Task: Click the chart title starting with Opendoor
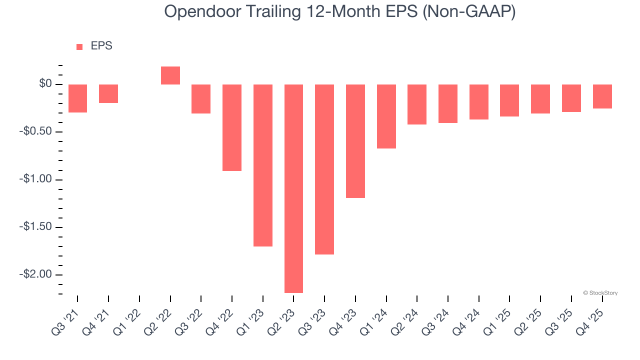coord(340,12)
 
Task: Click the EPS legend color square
coord(79,47)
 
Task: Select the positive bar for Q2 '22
coord(170,75)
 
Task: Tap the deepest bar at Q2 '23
coord(293,188)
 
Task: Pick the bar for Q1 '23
coord(263,165)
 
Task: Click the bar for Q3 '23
coord(324,169)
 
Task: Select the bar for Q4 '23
coord(355,141)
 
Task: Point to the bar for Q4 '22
coord(232,127)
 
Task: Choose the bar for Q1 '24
coord(386,116)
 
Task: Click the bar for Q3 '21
coord(78,98)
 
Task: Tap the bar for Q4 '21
coord(108,93)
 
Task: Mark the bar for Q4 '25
coord(602,96)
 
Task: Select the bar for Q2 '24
coord(417,104)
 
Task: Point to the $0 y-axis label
coord(45,84)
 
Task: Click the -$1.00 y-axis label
coord(37,179)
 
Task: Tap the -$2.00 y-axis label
coord(37,274)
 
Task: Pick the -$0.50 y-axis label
coord(37,132)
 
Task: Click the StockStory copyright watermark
coord(600,293)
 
